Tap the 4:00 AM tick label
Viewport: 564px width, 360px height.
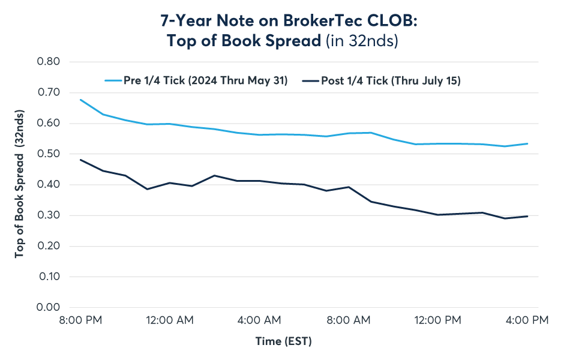tap(259, 320)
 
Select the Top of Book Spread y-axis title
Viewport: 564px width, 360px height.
tap(20, 185)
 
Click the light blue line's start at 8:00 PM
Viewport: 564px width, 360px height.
tap(80, 100)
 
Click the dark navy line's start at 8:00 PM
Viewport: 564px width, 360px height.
tap(80, 160)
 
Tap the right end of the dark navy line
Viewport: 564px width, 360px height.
tap(527, 216)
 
